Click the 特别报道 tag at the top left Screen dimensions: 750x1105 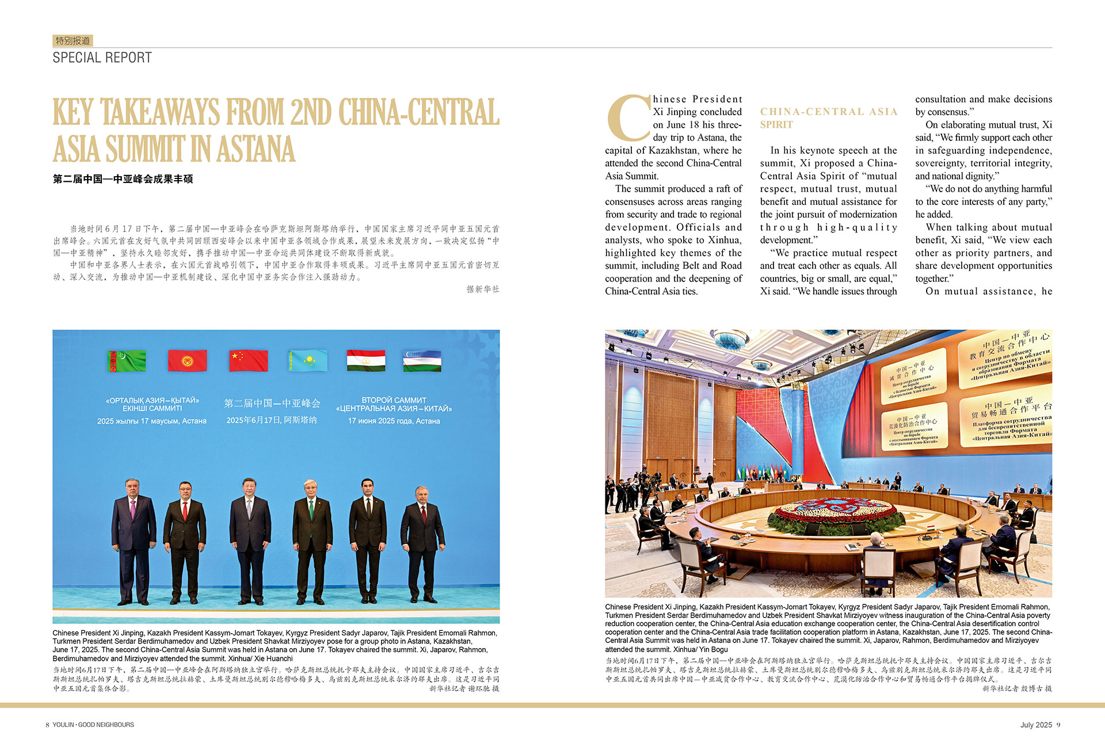pos(73,41)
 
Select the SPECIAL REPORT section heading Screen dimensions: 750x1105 pos(102,58)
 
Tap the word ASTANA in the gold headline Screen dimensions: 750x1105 pos(256,149)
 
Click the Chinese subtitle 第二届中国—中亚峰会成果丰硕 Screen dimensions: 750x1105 pos(123,179)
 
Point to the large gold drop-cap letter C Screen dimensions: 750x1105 pos(628,119)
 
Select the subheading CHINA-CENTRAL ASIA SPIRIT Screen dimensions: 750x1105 pos(828,117)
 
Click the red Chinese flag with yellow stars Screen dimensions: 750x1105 pos(248,361)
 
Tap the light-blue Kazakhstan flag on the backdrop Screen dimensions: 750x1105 pos(308,361)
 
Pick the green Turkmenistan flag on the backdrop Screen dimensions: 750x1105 pos(127,361)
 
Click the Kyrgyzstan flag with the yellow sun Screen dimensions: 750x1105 pos(187,361)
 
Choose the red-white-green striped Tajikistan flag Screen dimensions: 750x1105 pos(366,361)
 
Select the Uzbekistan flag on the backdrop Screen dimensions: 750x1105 pos(422,361)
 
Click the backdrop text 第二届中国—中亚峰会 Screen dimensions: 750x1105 pos(272,403)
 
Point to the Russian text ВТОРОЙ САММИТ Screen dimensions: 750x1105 pos(394,400)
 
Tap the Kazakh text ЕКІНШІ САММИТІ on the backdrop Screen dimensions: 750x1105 pos(152,409)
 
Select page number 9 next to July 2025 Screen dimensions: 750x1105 pos(1058,725)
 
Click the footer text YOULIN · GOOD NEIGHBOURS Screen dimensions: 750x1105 pos(93,725)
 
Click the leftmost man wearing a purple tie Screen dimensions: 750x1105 pos(133,535)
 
